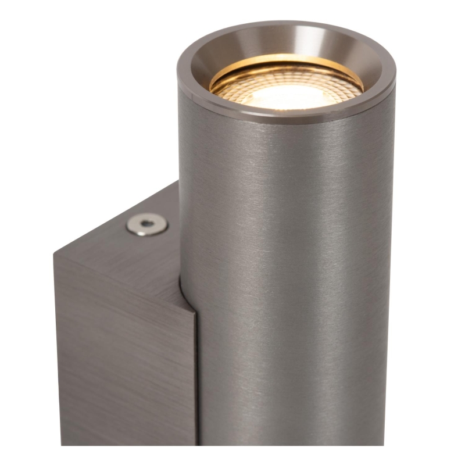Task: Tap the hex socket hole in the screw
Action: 148,222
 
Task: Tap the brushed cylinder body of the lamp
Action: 291,262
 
